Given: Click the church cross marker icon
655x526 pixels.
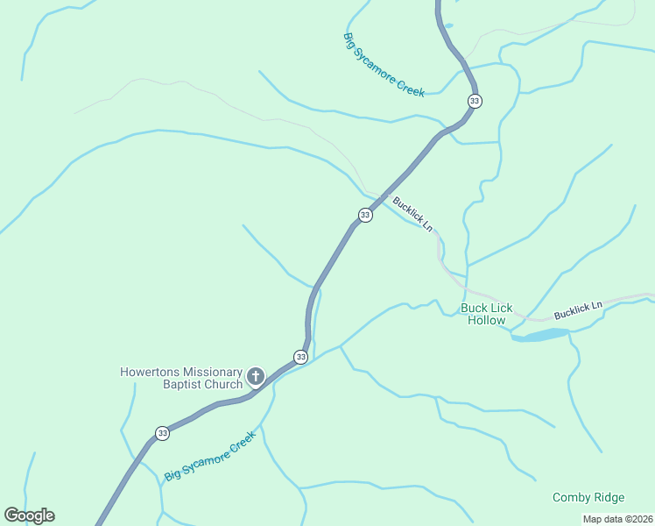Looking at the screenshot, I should tap(256, 378).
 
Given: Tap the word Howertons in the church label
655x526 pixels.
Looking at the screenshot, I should tap(149, 372).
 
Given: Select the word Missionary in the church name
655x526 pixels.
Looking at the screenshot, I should tap(211, 372).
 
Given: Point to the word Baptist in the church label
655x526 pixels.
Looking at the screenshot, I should tap(182, 384).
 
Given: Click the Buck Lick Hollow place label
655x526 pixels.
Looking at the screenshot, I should tap(486, 314).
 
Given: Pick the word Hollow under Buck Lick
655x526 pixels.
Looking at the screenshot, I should tap(486, 320).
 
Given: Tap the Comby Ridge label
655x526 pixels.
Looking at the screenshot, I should tap(588, 497).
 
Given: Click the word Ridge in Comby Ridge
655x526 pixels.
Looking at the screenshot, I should tap(609, 497).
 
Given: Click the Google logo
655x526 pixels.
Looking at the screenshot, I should tap(29, 515).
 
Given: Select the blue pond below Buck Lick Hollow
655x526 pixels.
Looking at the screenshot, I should tap(540, 335).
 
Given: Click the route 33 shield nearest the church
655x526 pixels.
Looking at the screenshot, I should tap(300, 357).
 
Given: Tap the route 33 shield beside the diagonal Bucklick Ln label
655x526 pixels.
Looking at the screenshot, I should tap(365, 215).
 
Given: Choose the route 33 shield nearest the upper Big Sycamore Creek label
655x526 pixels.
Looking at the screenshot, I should tap(474, 101).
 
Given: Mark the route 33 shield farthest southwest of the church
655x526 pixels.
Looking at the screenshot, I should tap(162, 433).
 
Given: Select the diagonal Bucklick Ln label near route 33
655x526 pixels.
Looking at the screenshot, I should tap(412, 213).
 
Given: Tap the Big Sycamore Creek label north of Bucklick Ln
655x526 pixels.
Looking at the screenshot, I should tap(384, 65).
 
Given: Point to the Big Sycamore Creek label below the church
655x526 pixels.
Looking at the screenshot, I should tap(210, 456).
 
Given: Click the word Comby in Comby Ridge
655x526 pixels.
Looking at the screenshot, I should tap(570, 497).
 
